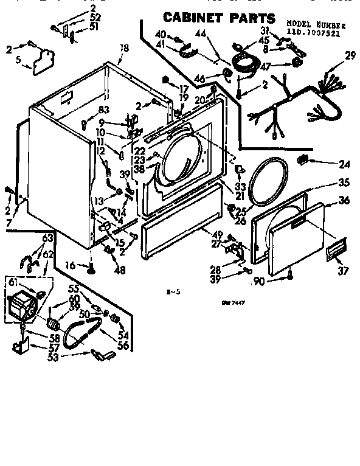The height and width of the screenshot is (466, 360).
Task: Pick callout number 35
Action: coord(344,183)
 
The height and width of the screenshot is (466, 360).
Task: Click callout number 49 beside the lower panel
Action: coord(216,235)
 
